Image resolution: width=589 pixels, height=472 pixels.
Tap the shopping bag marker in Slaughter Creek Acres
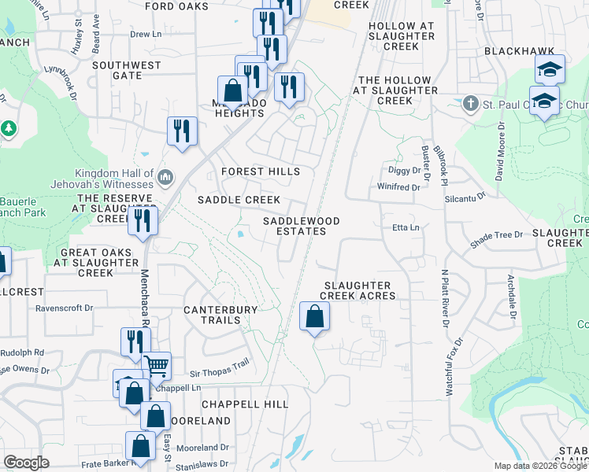click(x=314, y=317)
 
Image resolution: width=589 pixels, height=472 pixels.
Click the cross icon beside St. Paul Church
click(x=470, y=103)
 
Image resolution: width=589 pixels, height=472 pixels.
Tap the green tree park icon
click(x=9, y=127)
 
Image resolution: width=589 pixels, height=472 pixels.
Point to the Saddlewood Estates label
click(x=301, y=227)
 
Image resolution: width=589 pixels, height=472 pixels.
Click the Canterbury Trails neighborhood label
click(x=220, y=315)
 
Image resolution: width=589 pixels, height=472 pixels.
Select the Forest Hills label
click(x=261, y=171)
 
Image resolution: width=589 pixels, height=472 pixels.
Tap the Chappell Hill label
click(x=245, y=404)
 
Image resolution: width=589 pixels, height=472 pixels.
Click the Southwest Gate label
click(x=126, y=71)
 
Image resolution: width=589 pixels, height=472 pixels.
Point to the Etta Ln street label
click(x=407, y=228)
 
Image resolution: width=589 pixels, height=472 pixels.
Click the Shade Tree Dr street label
click(x=496, y=235)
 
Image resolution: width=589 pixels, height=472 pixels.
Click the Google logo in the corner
click(x=25, y=462)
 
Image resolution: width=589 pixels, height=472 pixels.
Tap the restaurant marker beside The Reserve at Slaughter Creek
click(x=143, y=220)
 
